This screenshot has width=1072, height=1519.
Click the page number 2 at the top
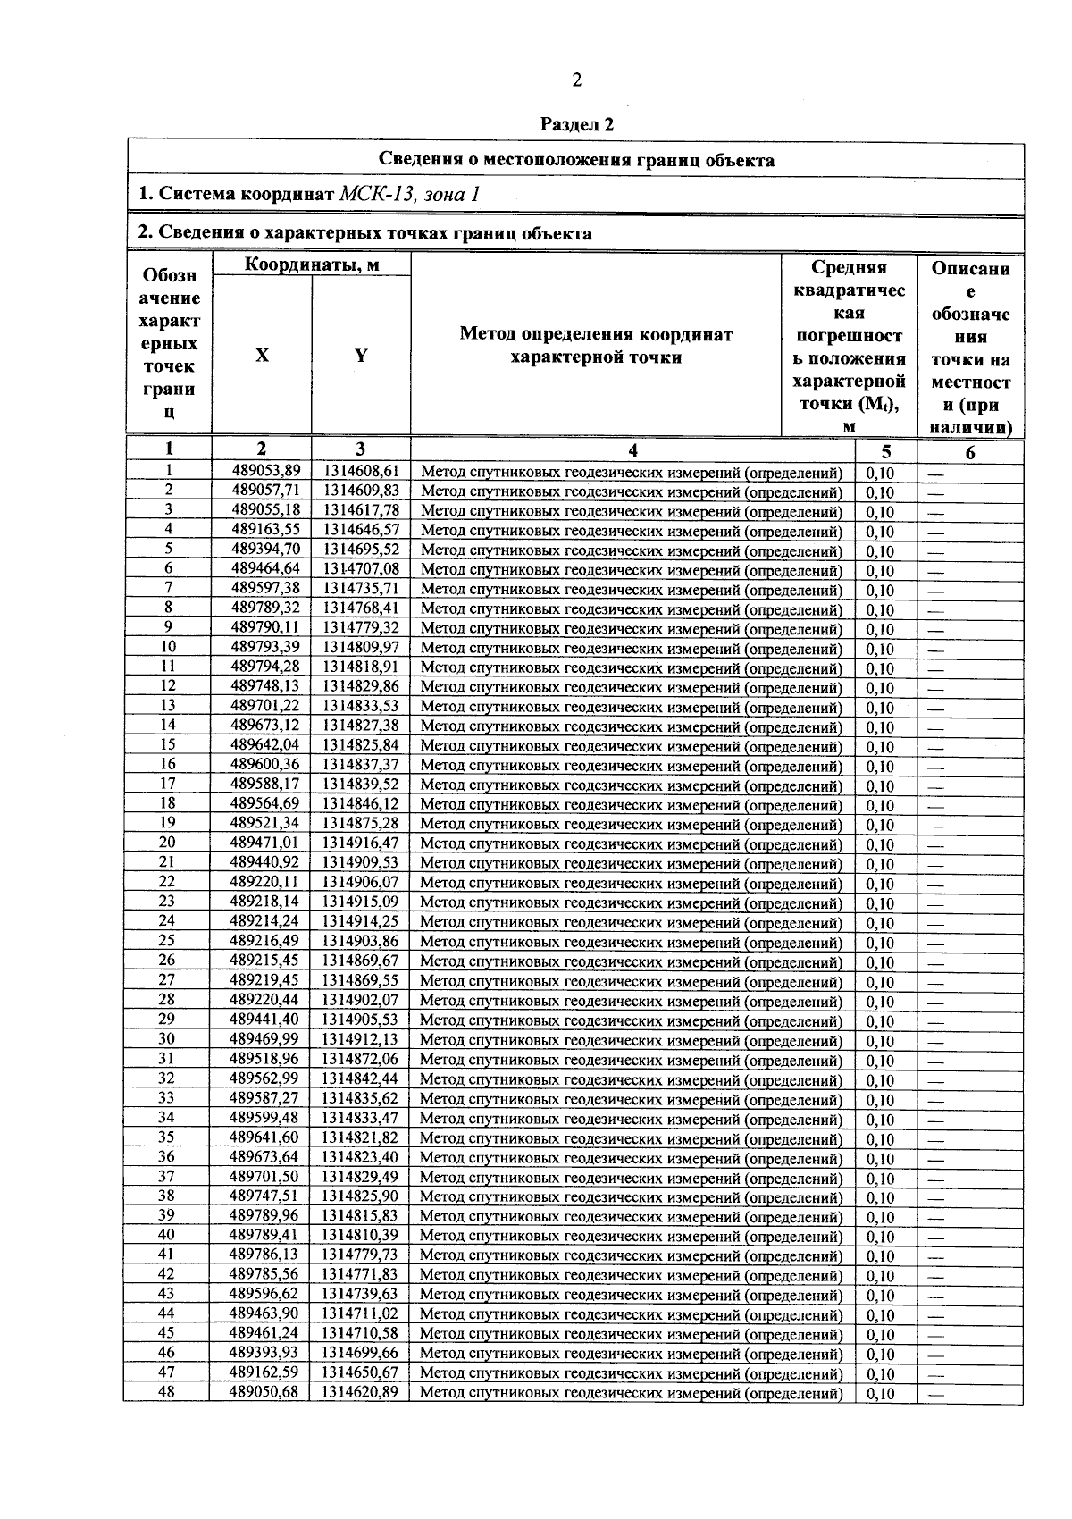pyautogui.click(x=576, y=80)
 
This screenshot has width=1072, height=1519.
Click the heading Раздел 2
pyautogui.click(x=577, y=124)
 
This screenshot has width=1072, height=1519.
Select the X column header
pyautogui.click(x=262, y=355)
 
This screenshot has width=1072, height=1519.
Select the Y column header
pyautogui.click(x=361, y=355)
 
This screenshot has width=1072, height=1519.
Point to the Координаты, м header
pyautogui.click(x=312, y=264)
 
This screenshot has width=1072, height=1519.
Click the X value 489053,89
pyautogui.click(x=265, y=471)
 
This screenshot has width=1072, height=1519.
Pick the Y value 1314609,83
pyautogui.click(x=361, y=491)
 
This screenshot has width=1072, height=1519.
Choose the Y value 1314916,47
pyautogui.click(x=361, y=843)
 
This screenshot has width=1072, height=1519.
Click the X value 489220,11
pyautogui.click(x=264, y=882)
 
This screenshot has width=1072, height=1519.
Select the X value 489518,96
pyautogui.click(x=264, y=1059)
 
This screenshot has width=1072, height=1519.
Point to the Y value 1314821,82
pyautogui.click(x=360, y=1137)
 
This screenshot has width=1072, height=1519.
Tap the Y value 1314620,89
pyautogui.click(x=360, y=1392)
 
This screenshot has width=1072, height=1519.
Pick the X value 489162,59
pyautogui.click(x=264, y=1372)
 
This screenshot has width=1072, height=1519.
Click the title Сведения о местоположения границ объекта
pyautogui.click(x=576, y=160)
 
